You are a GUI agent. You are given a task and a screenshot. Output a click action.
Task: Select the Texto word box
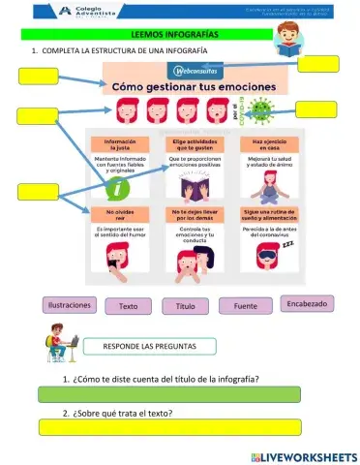pyautogui.click(x=128, y=306)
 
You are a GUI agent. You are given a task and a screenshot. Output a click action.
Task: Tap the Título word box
pyautogui.click(x=184, y=306)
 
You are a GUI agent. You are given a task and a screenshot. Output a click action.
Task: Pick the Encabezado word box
pyautogui.click(x=308, y=303)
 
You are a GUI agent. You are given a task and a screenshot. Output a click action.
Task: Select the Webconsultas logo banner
pyautogui.click(x=196, y=71)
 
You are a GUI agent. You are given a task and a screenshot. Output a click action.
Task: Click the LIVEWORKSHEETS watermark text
pyautogui.click(x=307, y=455)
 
